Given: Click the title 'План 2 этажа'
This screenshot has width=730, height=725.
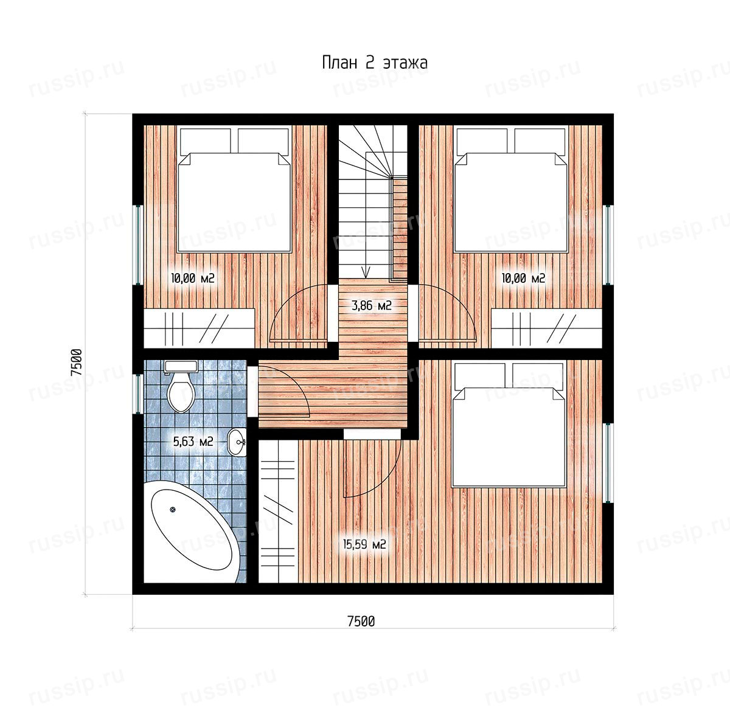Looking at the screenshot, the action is click(x=375, y=63).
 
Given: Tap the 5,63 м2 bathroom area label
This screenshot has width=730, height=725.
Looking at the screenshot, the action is click(x=193, y=442).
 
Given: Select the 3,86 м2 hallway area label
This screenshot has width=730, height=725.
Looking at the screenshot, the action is click(x=371, y=305).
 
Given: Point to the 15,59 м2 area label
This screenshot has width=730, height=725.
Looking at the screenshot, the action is click(x=364, y=544).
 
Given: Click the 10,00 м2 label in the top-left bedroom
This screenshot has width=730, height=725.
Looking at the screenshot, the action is click(x=193, y=279).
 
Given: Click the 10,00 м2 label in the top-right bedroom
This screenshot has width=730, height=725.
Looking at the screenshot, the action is click(x=523, y=279).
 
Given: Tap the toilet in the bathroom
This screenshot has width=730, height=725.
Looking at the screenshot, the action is click(x=181, y=386).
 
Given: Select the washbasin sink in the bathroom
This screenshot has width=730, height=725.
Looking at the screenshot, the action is click(x=237, y=442).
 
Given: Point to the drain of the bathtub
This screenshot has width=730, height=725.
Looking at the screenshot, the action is click(x=173, y=510).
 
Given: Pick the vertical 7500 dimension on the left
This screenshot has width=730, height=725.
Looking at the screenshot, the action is click(x=76, y=362).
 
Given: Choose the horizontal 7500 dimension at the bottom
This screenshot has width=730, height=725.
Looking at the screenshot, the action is click(x=361, y=621).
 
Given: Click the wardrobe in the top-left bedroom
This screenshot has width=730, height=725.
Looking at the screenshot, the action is click(x=200, y=328).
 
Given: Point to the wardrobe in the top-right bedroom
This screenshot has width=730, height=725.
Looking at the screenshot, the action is click(x=547, y=328).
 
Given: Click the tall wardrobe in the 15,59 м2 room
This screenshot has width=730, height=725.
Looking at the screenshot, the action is click(x=279, y=511).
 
